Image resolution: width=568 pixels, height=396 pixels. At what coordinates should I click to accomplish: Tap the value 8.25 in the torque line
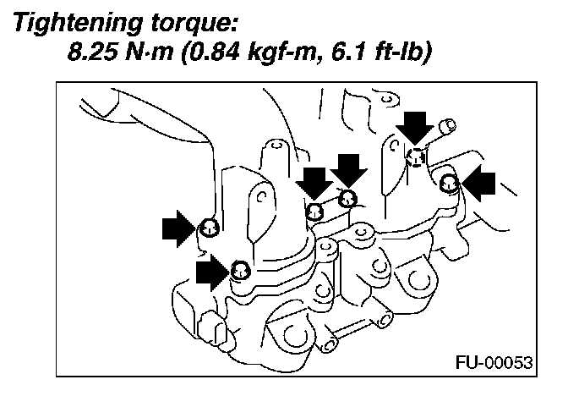tap(92, 55)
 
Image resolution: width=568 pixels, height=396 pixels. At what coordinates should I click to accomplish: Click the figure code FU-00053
tap(495, 362)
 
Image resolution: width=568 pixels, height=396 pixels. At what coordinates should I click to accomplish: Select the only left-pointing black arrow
tap(482, 183)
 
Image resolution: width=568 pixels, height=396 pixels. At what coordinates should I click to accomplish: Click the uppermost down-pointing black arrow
tap(414, 126)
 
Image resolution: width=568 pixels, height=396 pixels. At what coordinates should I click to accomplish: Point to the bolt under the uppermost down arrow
tap(415, 156)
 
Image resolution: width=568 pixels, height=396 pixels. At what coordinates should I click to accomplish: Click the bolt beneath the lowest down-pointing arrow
tap(314, 211)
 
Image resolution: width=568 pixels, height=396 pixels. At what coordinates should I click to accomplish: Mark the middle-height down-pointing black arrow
tap(347, 171)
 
